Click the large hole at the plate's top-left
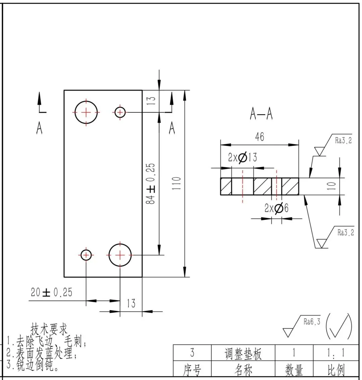[86, 112]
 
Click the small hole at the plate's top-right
[120, 112]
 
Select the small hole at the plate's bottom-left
[86, 255]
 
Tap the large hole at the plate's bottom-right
[120, 255]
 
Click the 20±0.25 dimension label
[51, 292]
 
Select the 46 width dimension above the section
[259, 137]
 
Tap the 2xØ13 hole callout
[242, 157]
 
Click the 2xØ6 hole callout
[276, 209]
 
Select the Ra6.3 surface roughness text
[312, 322]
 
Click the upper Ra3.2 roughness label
[343, 141]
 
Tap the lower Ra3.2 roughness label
[345, 232]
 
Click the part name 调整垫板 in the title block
[243, 354]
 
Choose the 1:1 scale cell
[337, 353]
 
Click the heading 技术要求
[49, 328]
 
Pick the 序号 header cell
[192, 370]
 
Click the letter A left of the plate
[39, 128]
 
